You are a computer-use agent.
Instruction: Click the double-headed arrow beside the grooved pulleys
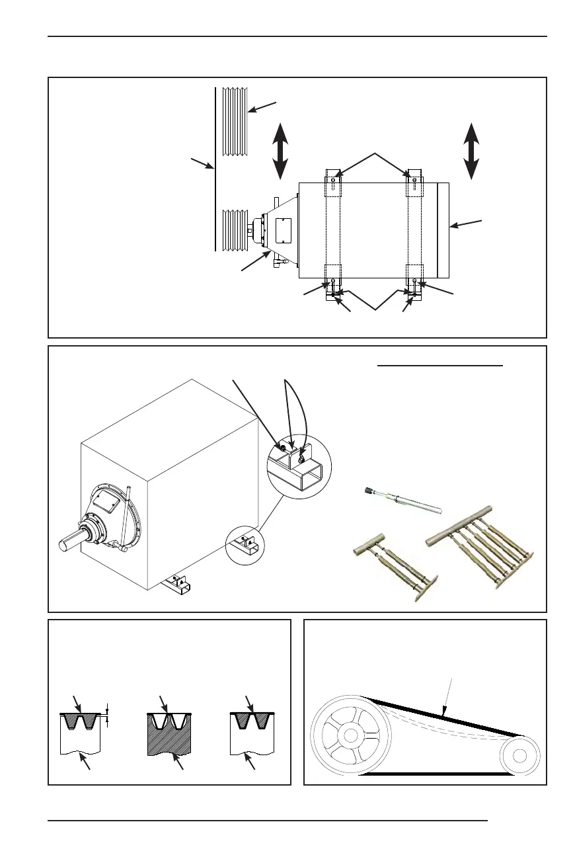coord(280,151)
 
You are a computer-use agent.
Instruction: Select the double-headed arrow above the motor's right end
coord(471,151)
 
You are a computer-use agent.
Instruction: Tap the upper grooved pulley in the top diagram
coord(235,121)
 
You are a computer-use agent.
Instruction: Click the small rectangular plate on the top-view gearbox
coord(281,229)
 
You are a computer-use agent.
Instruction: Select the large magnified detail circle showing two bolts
coord(298,466)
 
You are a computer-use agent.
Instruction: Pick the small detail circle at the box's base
coord(245,546)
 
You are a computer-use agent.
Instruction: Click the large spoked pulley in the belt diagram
coord(350,735)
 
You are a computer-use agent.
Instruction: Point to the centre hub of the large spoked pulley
coord(350,735)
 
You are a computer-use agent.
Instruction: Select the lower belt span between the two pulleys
coord(436,772)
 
